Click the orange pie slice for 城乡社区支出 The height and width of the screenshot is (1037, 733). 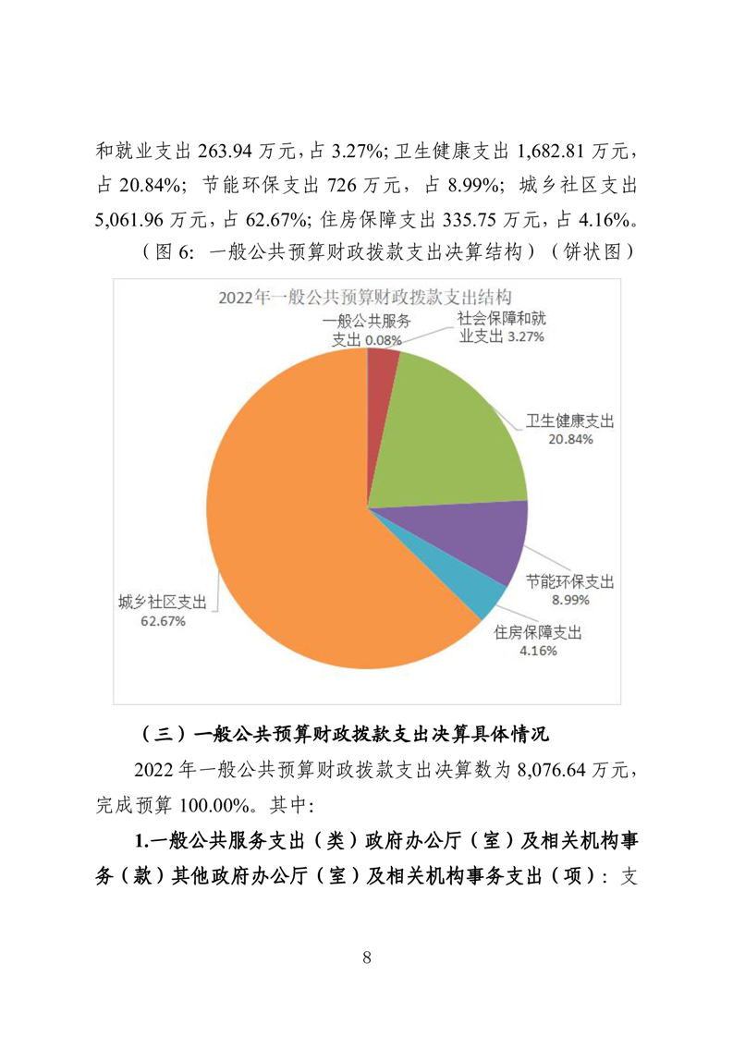click(296, 518)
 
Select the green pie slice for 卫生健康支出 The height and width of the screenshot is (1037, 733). click(453, 425)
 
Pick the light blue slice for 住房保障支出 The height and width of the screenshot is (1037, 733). click(462, 592)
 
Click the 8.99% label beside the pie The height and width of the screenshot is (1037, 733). click(570, 600)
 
